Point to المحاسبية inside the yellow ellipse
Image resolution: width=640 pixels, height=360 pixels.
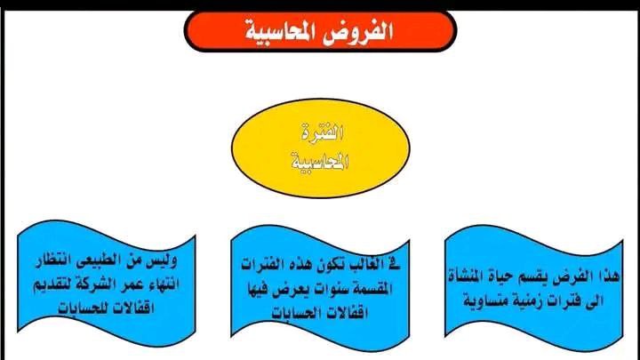[x=320, y=161]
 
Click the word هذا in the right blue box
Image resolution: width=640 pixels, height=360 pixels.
[x=608, y=276]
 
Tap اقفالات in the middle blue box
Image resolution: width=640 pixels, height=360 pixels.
[x=348, y=313]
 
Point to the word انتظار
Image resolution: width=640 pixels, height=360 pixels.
[x=52, y=260]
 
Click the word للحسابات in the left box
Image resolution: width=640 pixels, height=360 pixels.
[x=84, y=308]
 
